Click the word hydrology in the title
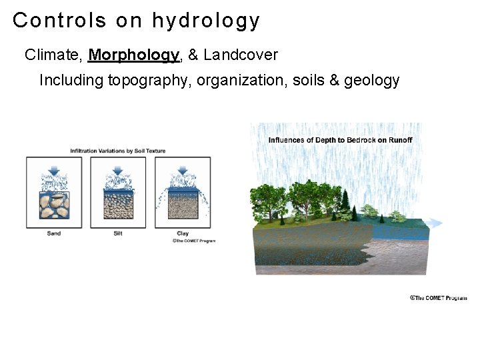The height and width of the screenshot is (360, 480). tap(205, 21)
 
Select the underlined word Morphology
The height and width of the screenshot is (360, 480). tap(134, 55)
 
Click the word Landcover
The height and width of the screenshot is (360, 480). tap(241, 55)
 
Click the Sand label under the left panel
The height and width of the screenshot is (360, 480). tap(54, 233)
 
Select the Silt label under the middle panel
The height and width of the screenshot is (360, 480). tap(118, 233)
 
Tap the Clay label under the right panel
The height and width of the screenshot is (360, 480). tap(182, 233)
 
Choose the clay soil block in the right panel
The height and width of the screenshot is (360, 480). tap(182, 205)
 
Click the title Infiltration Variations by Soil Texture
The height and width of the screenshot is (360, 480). tap(118, 151)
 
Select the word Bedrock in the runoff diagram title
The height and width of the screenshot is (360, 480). tap(363, 140)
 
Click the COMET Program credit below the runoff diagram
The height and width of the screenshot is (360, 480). tap(438, 298)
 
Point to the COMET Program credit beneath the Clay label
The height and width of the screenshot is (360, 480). tap(193, 241)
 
